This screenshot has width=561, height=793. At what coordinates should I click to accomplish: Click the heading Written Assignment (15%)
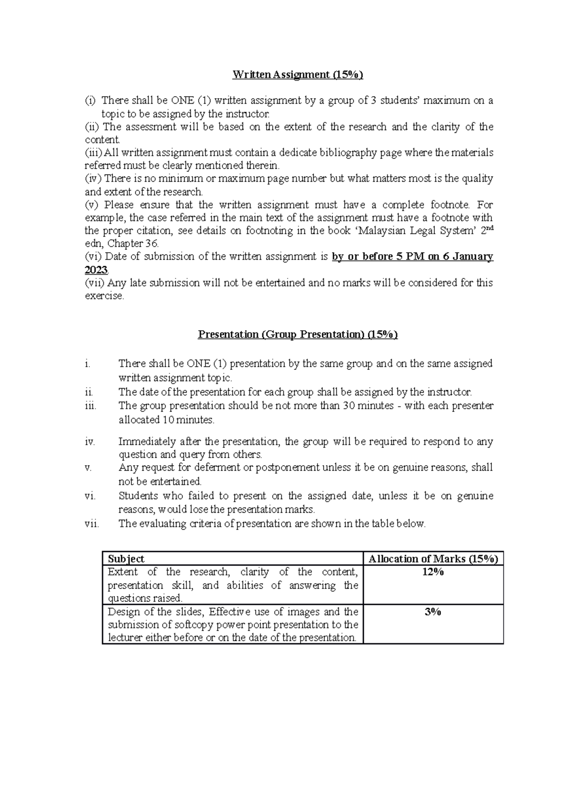pos(298,75)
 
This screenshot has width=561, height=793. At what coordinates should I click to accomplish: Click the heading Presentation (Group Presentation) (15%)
pos(298,334)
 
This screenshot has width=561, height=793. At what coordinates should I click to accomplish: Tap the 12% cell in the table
pos(433,572)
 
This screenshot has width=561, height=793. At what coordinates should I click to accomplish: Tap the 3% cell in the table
pos(433,612)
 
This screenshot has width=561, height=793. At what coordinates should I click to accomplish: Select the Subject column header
pos(126,559)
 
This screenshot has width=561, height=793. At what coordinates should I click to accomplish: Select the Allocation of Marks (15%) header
pos(433,559)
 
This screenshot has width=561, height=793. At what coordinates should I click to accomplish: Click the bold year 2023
pos(96,270)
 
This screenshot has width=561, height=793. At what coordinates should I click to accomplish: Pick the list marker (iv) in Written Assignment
pos(93,178)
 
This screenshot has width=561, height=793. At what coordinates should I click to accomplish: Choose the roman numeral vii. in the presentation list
pos(92,524)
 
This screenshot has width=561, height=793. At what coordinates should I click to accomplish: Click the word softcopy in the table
pos(192,625)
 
